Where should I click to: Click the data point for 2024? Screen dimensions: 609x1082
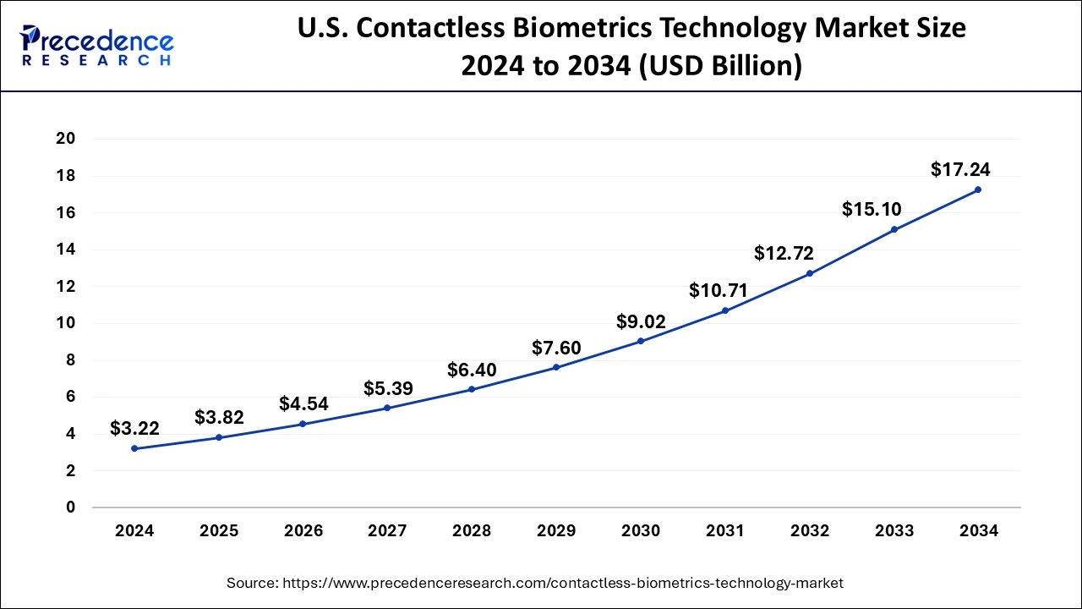pos(134,448)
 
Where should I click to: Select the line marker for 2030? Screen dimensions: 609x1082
pos(641,341)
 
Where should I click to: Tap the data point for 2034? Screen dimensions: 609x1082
pos(978,189)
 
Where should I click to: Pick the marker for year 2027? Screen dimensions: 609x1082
pos(387,408)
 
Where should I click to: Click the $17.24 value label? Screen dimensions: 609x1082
pos(960,169)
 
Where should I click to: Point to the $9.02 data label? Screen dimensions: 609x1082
pos(641,321)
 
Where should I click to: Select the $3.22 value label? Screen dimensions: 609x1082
pos(134,429)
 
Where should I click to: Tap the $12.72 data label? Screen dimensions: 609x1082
pos(784,252)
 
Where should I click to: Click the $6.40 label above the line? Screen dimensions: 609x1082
pos(472,370)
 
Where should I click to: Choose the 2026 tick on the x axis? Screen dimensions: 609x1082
pos(303,531)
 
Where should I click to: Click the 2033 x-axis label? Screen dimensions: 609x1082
pos(893,531)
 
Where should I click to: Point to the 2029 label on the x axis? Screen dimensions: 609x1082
pos(556,531)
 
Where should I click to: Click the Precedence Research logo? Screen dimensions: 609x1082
pos(97,47)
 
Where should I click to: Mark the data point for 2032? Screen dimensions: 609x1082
pos(809,273)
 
